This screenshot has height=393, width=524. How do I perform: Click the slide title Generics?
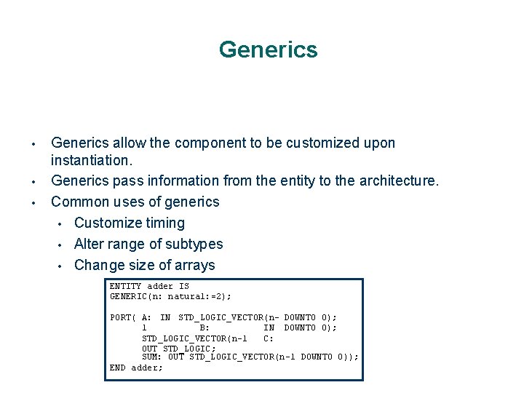tap(268, 49)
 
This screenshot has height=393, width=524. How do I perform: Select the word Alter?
tap(90, 244)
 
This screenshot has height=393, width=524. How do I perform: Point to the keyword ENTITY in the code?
tap(125, 286)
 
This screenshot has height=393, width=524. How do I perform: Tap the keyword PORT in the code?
tap(120, 317)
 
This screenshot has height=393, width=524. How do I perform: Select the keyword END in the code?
tap(117, 368)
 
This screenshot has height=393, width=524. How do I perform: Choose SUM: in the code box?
tap(151, 357)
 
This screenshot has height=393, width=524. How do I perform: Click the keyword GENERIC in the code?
tap(128, 296)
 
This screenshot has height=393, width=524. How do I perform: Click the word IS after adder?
tap(183, 286)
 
